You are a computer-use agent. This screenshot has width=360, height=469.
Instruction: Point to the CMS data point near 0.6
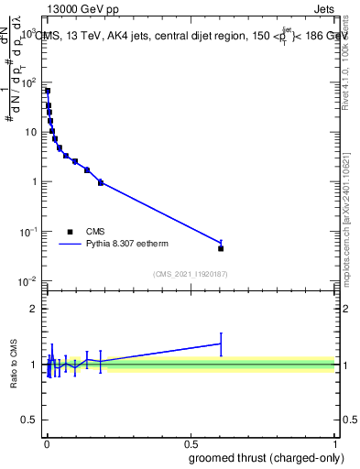[221, 248]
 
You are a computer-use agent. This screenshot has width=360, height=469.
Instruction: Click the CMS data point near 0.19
[101, 182]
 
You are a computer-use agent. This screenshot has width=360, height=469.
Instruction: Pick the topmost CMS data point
[48, 91]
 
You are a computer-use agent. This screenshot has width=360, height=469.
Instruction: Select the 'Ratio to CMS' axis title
[13, 364]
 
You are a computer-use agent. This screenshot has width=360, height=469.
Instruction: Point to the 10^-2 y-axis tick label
[28, 280]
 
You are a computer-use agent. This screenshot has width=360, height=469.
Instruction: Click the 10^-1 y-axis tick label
[28, 231]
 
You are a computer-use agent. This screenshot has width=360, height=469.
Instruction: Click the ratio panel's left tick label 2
[35, 309]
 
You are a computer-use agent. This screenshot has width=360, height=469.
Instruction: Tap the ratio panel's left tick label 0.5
[30, 420]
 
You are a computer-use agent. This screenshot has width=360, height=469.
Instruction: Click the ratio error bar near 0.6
[221, 344]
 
